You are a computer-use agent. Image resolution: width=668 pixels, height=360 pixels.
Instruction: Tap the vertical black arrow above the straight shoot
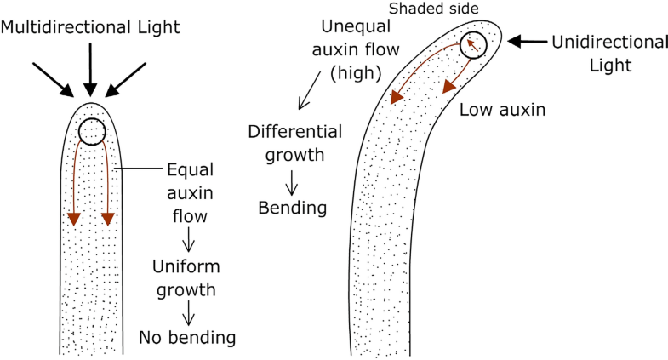point(89,67)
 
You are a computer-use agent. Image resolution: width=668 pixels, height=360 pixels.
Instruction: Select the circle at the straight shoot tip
point(91,132)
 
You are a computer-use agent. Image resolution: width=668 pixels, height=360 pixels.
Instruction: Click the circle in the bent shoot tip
point(473,45)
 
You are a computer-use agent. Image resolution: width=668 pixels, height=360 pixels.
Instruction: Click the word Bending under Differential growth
point(293,207)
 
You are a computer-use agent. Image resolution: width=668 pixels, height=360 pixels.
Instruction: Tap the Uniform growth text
point(184,277)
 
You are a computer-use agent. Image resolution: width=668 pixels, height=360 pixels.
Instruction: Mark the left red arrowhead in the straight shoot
point(74,218)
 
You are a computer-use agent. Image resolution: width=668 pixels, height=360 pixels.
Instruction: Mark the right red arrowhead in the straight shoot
point(108,218)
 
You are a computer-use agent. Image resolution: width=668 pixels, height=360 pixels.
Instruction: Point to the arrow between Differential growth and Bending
point(292,180)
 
